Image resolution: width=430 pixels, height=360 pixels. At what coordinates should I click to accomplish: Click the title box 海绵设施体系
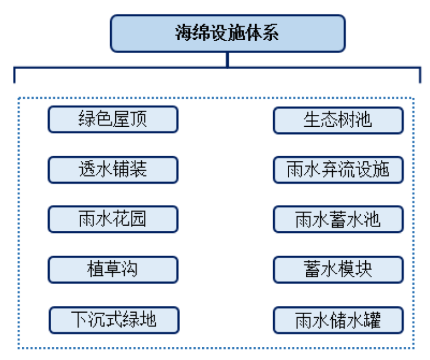click(227, 34)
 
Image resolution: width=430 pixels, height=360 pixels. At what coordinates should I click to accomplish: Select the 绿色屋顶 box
click(113, 119)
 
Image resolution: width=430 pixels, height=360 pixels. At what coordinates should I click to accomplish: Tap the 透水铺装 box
click(113, 169)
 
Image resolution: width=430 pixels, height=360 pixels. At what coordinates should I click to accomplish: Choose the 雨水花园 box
click(113, 219)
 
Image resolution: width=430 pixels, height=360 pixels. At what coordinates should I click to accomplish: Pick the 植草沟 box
click(113, 270)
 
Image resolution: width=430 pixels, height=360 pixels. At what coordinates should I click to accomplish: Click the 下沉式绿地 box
click(114, 320)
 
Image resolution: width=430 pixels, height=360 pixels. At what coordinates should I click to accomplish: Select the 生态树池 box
click(338, 120)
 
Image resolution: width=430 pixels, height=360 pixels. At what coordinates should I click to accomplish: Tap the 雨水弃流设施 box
click(338, 170)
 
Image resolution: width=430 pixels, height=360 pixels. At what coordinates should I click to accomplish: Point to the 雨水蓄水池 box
click(338, 220)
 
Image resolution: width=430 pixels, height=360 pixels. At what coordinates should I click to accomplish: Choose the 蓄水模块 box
click(338, 270)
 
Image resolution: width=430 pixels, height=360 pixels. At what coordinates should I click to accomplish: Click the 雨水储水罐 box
click(338, 320)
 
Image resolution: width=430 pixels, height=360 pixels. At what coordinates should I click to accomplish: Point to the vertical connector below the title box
click(228, 60)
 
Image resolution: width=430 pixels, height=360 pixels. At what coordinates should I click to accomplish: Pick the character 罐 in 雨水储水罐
click(372, 320)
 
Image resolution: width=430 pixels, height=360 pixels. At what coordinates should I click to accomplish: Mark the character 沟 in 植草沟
click(130, 270)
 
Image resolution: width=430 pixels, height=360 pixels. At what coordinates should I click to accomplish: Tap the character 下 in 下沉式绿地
click(79, 320)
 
